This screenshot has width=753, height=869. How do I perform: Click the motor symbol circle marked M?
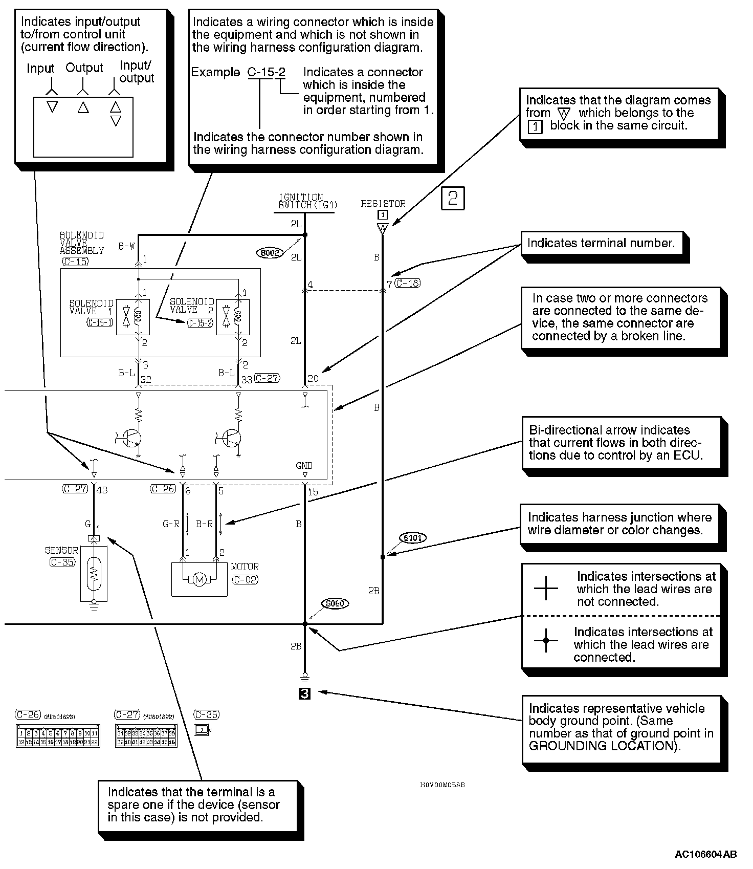pos(200,579)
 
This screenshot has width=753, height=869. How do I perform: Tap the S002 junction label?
pos(270,252)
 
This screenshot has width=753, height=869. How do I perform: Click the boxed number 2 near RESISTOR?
pos(453,199)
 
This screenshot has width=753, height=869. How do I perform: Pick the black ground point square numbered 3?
pos(305,693)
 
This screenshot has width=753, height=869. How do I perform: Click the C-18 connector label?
pos(408,283)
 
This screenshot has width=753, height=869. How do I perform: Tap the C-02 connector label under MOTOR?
pos(245,579)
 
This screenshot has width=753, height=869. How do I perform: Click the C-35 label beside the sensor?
pos(62,562)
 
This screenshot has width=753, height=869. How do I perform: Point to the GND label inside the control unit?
pos(304,465)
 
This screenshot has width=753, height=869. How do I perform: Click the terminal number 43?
pos(102,490)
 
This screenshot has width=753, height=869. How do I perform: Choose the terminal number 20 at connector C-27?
pos(313,379)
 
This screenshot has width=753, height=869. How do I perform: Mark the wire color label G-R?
pos(171,524)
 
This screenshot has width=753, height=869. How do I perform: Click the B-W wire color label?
pos(126,246)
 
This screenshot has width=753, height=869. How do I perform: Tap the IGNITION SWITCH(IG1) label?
pos(301,201)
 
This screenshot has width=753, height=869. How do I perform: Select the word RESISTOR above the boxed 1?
pos(383,203)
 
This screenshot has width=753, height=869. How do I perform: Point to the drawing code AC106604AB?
pos(706,854)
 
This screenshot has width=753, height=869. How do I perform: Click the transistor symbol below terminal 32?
pos(133,438)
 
